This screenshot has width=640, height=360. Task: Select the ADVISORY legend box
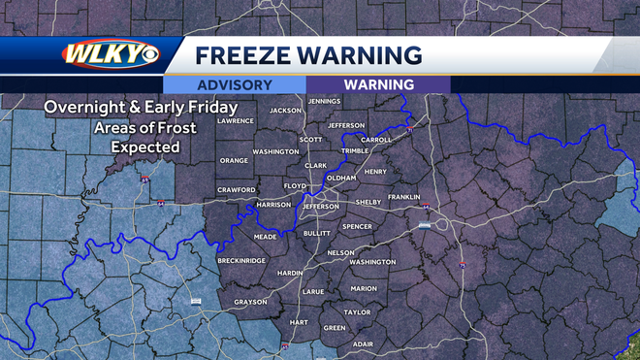click(x=235, y=84)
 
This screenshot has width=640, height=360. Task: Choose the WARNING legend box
click(x=378, y=84)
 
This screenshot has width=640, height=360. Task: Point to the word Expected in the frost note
click(x=145, y=147)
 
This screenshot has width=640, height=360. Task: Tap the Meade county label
click(x=265, y=236)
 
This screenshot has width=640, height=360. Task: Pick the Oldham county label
click(x=341, y=179)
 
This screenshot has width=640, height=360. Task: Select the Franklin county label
click(x=403, y=197)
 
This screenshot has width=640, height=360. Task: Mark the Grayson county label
click(x=250, y=301)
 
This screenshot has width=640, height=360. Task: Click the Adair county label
click(x=363, y=344)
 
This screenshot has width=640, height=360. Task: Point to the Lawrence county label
click(x=236, y=120)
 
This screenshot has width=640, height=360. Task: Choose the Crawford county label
click(x=237, y=189)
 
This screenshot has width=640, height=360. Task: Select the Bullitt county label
click(x=317, y=234)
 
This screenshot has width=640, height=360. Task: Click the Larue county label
click(x=313, y=290)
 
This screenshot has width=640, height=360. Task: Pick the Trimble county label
click(x=356, y=150)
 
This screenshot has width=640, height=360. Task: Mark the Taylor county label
click(x=357, y=312)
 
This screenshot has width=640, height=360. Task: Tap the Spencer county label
click(x=357, y=226)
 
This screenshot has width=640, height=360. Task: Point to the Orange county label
click(x=234, y=160)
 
